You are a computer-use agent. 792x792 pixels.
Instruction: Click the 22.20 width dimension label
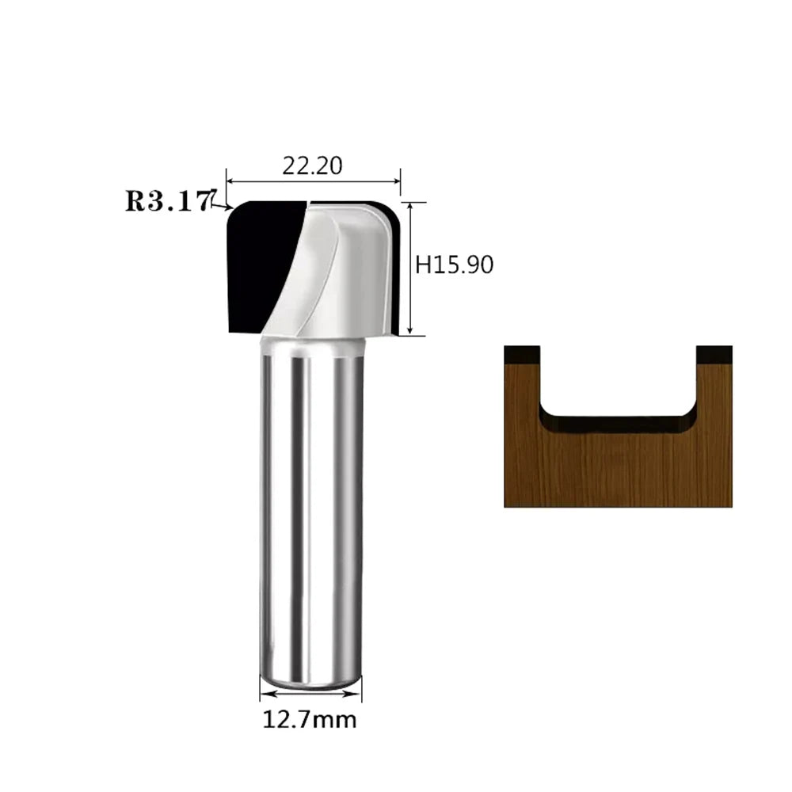(x=312, y=166)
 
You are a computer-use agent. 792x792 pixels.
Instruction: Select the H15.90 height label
(x=454, y=265)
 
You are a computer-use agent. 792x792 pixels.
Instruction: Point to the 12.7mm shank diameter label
(x=309, y=720)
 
